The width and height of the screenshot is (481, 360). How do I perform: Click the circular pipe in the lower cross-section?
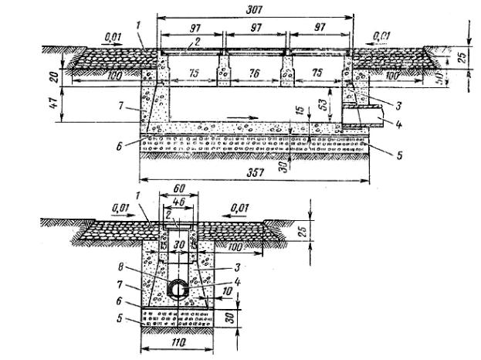click(178, 287)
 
